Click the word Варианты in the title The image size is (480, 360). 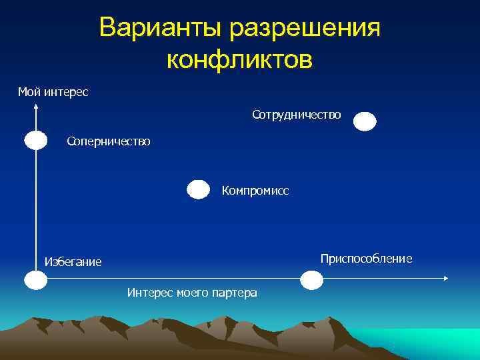160,29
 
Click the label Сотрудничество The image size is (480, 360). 297,115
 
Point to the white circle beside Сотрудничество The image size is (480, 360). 365,121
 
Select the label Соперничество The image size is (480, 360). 109,141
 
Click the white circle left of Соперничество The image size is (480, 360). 36,141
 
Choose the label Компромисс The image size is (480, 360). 255,191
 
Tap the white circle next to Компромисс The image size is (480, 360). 199,190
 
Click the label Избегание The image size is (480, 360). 73,262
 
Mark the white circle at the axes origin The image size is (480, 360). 36,280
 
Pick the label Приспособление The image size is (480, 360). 366,258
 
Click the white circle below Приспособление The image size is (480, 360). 311,279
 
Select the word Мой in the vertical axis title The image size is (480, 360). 29,91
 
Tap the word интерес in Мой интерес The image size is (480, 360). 66,91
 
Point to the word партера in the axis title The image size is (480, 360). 237,293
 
